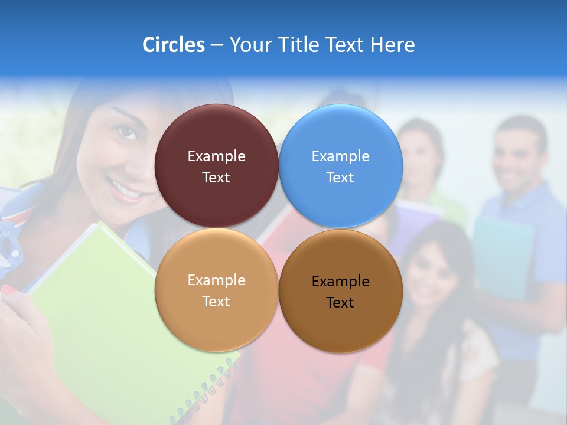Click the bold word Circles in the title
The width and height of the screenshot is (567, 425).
point(173,45)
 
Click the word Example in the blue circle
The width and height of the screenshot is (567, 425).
point(341,156)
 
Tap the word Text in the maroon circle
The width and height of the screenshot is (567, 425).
point(216,178)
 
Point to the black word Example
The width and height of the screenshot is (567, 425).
point(341,282)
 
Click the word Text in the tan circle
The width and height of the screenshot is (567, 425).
point(216,302)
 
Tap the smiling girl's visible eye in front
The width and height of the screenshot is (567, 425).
point(127,132)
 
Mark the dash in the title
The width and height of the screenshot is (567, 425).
point(217,45)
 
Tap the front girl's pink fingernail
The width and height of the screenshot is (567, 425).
point(9,290)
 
